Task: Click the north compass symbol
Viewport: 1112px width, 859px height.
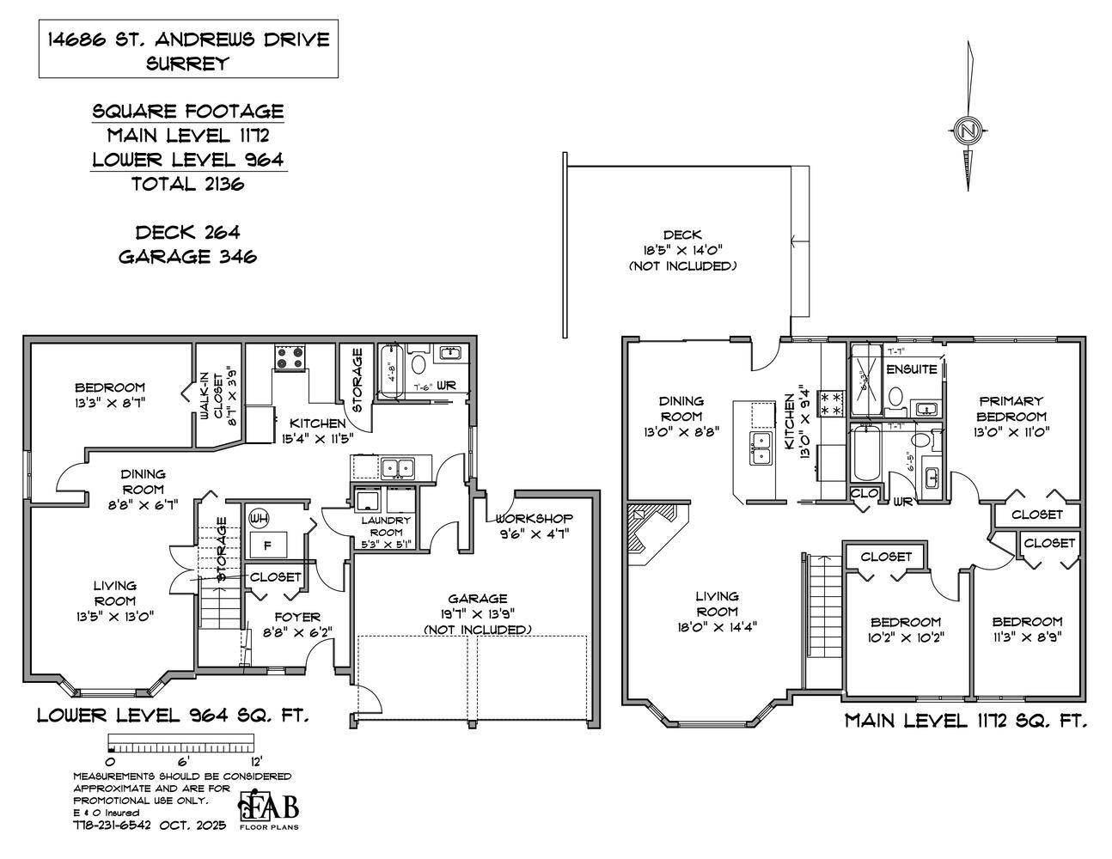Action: (x=968, y=131)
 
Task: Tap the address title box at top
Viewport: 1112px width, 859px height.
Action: (x=188, y=50)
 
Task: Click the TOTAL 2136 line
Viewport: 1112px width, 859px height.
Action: (x=187, y=183)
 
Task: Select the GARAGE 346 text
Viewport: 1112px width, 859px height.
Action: (x=187, y=256)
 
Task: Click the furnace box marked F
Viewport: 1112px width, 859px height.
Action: (x=267, y=545)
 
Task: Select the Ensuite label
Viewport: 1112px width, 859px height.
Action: (x=911, y=369)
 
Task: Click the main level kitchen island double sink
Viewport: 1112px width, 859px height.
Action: (x=761, y=448)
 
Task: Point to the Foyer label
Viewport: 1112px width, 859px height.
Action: (x=296, y=617)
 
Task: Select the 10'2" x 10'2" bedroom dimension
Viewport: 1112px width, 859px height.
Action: (x=905, y=638)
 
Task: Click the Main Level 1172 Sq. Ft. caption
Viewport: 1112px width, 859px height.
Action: (x=966, y=721)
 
